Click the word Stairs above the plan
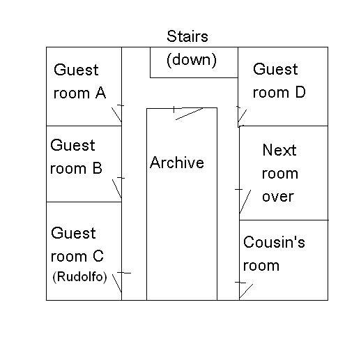click(187, 36)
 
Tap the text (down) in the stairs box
click(192, 60)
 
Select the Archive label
click(177, 162)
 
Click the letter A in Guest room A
click(100, 93)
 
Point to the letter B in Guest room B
click(98, 168)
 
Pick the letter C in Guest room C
click(98, 256)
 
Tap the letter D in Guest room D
click(300, 92)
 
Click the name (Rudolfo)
click(79, 277)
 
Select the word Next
click(279, 150)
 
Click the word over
click(278, 197)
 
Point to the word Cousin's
click(274, 242)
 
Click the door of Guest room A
click(116, 114)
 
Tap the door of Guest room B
click(117, 189)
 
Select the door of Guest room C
click(117, 283)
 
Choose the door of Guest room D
click(242, 116)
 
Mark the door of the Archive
click(190, 114)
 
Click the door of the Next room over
click(245, 202)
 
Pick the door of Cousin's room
click(246, 291)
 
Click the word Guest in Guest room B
click(72, 145)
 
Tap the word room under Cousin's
click(261, 266)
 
